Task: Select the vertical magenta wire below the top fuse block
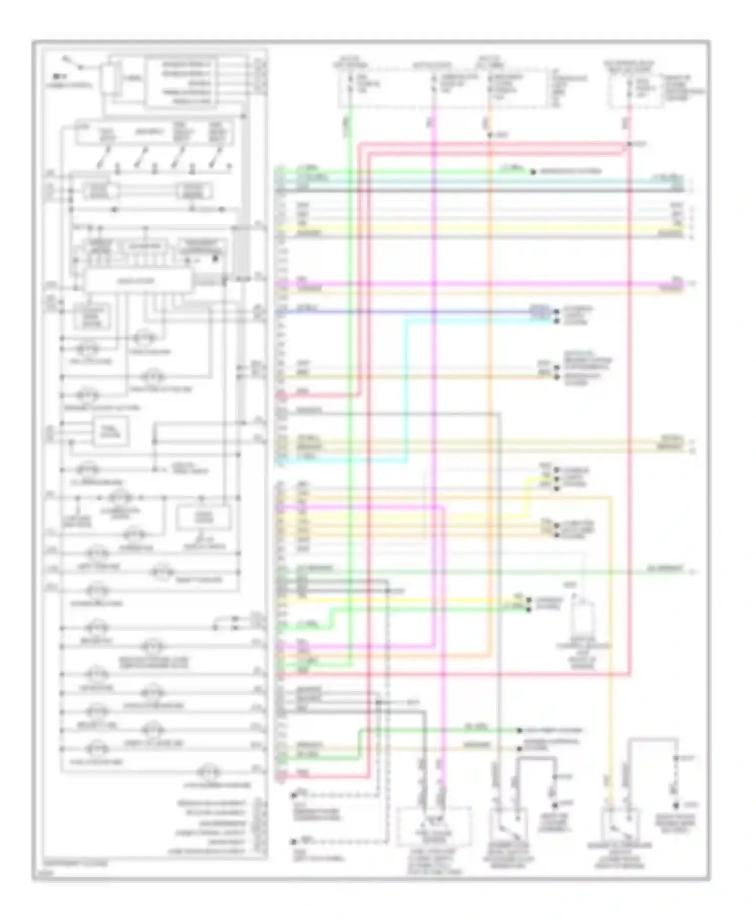[x=434, y=353]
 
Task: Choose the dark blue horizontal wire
[x=403, y=312]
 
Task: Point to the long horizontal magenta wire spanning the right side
[x=479, y=284]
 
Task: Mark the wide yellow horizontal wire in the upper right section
[x=479, y=228]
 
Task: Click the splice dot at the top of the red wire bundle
[x=629, y=145]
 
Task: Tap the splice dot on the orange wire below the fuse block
[x=488, y=136]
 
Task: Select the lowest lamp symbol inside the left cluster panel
[x=205, y=772]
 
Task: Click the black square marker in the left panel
[x=216, y=258]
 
